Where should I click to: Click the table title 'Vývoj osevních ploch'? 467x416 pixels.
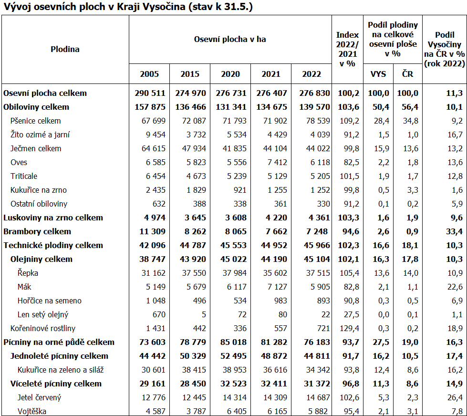[127, 7]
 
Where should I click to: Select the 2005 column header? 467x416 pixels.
[149, 74]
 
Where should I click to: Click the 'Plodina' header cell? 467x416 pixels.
[65, 49]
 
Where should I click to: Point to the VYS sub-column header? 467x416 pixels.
[378, 74]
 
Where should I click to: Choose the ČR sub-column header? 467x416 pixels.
[407, 74]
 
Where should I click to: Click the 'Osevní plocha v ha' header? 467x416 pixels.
[230, 39]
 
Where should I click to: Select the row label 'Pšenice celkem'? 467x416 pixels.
[36, 121]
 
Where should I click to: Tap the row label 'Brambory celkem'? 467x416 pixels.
[37, 231]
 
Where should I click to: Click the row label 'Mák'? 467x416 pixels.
[24, 287]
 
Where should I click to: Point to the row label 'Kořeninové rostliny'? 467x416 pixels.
[43, 328]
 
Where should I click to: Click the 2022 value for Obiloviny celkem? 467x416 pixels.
[312, 107]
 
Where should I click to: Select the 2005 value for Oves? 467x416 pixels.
[156, 162]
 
